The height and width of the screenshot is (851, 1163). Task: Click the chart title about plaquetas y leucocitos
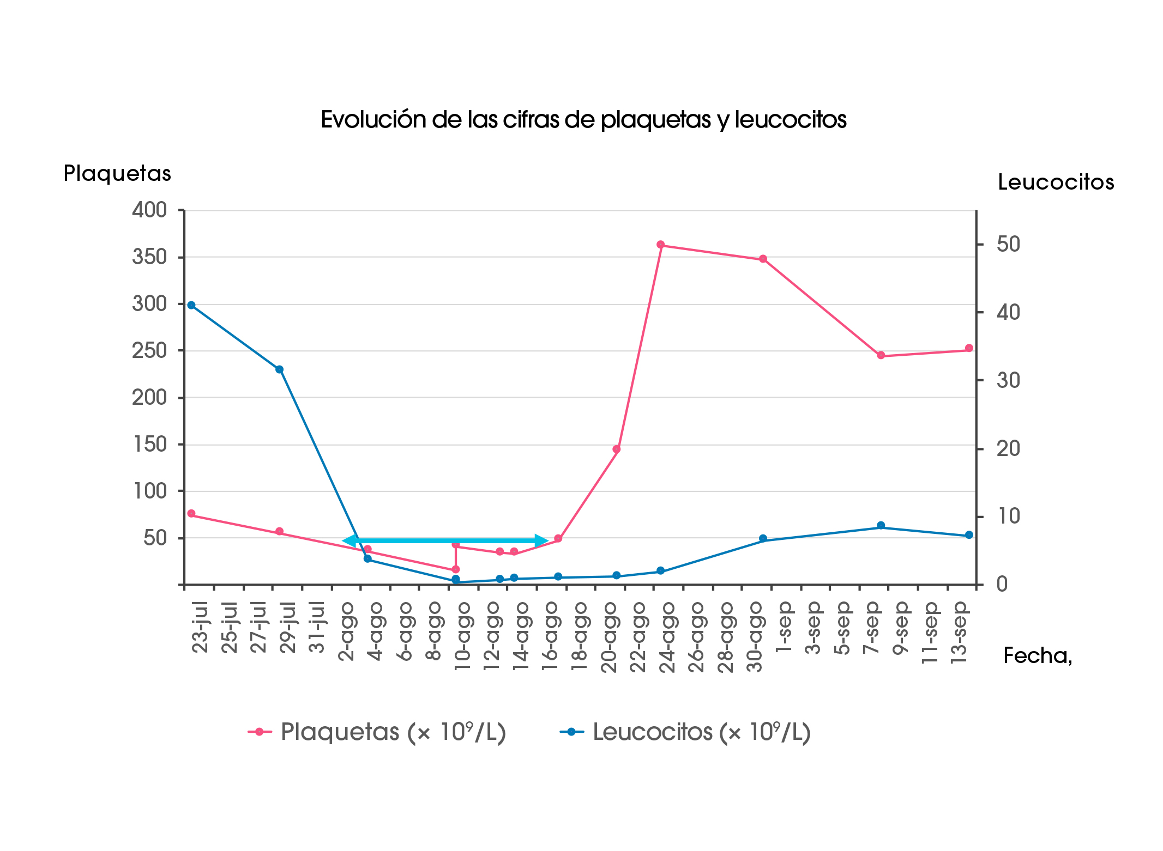pos(583,120)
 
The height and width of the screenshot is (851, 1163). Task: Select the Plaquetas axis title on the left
pos(117,174)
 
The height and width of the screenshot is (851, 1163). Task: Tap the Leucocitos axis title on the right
pos(1056,183)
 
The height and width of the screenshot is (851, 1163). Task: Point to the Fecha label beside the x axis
pos(1037,656)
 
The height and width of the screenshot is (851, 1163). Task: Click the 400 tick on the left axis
pos(149,210)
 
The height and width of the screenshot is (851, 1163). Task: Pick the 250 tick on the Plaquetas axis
pos(149,351)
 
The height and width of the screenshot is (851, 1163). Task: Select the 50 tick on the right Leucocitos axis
pos(1008,244)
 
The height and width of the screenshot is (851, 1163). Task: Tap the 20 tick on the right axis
pos(1008,449)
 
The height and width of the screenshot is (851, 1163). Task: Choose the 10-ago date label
pos(462,635)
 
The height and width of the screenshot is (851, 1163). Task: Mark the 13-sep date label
pos(959,632)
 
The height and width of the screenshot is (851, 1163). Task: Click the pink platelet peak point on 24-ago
pos(660,245)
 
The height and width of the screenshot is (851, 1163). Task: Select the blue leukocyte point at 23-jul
pos(191,305)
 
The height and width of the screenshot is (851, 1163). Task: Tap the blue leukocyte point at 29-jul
pos(279,369)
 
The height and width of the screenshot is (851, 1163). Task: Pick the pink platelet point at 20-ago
pos(616,449)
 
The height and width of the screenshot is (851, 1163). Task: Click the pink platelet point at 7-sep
pos(881,355)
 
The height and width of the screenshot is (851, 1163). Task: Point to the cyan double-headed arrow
pos(444,540)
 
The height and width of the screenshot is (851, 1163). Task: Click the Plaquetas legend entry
pos(377,732)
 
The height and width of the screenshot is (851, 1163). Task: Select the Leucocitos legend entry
pos(685,732)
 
